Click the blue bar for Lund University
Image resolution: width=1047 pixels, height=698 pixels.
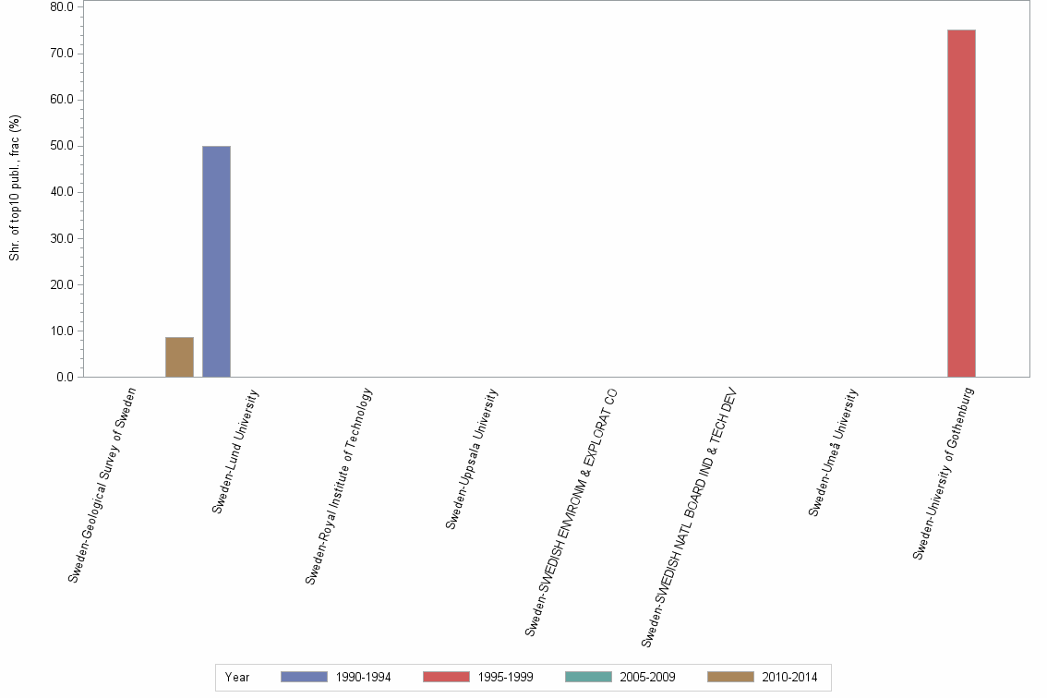coord(216,261)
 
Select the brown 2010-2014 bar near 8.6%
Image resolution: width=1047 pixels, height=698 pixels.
coord(179,357)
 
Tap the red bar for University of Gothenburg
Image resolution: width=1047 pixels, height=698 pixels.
coord(961,203)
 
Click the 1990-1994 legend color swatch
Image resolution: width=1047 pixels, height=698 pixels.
coord(304,677)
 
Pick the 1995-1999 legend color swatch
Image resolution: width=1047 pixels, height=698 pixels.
coord(446,677)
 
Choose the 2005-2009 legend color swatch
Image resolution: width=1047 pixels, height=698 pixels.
coord(588,677)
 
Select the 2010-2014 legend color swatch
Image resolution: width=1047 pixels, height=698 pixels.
coord(730,677)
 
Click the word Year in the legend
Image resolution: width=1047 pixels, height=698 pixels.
coord(237,678)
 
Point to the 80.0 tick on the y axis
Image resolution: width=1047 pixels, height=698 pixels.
coord(62,7)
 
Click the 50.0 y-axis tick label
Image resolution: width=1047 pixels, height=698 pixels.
coord(62,146)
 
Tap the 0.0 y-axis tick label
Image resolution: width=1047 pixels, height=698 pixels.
coord(65,377)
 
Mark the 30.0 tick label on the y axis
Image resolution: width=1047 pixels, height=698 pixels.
coord(62,238)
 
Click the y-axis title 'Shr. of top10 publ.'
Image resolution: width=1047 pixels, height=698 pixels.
coord(15,187)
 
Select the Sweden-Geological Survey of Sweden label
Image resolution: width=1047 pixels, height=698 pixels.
coord(102,485)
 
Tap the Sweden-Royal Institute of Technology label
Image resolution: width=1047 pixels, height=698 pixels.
coord(339,486)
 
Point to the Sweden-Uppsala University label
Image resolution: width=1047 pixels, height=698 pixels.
coord(472,458)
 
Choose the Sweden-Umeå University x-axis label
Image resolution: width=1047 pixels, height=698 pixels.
coord(834,451)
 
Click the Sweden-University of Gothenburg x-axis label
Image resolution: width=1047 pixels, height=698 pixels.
coord(944,473)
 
